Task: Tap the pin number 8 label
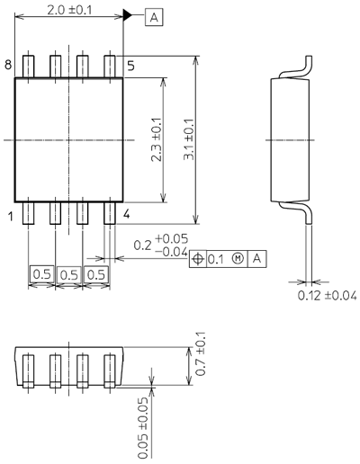(7, 65)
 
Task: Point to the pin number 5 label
(130, 65)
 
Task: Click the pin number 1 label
(8, 215)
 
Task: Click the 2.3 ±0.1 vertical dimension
(157, 140)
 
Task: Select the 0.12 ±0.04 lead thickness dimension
(327, 295)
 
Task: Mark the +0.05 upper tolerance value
(169, 238)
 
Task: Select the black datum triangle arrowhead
(129, 16)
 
